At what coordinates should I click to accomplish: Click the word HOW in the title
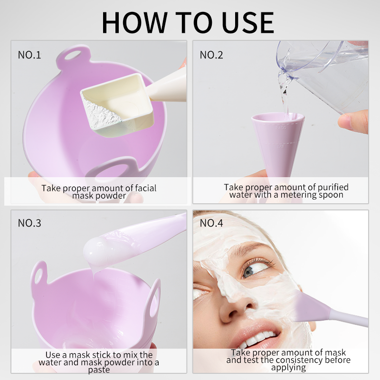tap(135, 22)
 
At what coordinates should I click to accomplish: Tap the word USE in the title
tap(247, 22)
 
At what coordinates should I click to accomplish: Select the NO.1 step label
tap(29, 55)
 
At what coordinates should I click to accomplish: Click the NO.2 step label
tap(211, 55)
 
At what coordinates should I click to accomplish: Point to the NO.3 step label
tap(29, 223)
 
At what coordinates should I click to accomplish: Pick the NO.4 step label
tap(211, 223)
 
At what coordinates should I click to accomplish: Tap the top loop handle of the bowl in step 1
tap(73, 56)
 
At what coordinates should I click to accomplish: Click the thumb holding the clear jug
tap(353, 122)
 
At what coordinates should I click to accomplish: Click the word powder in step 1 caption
tap(112, 196)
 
